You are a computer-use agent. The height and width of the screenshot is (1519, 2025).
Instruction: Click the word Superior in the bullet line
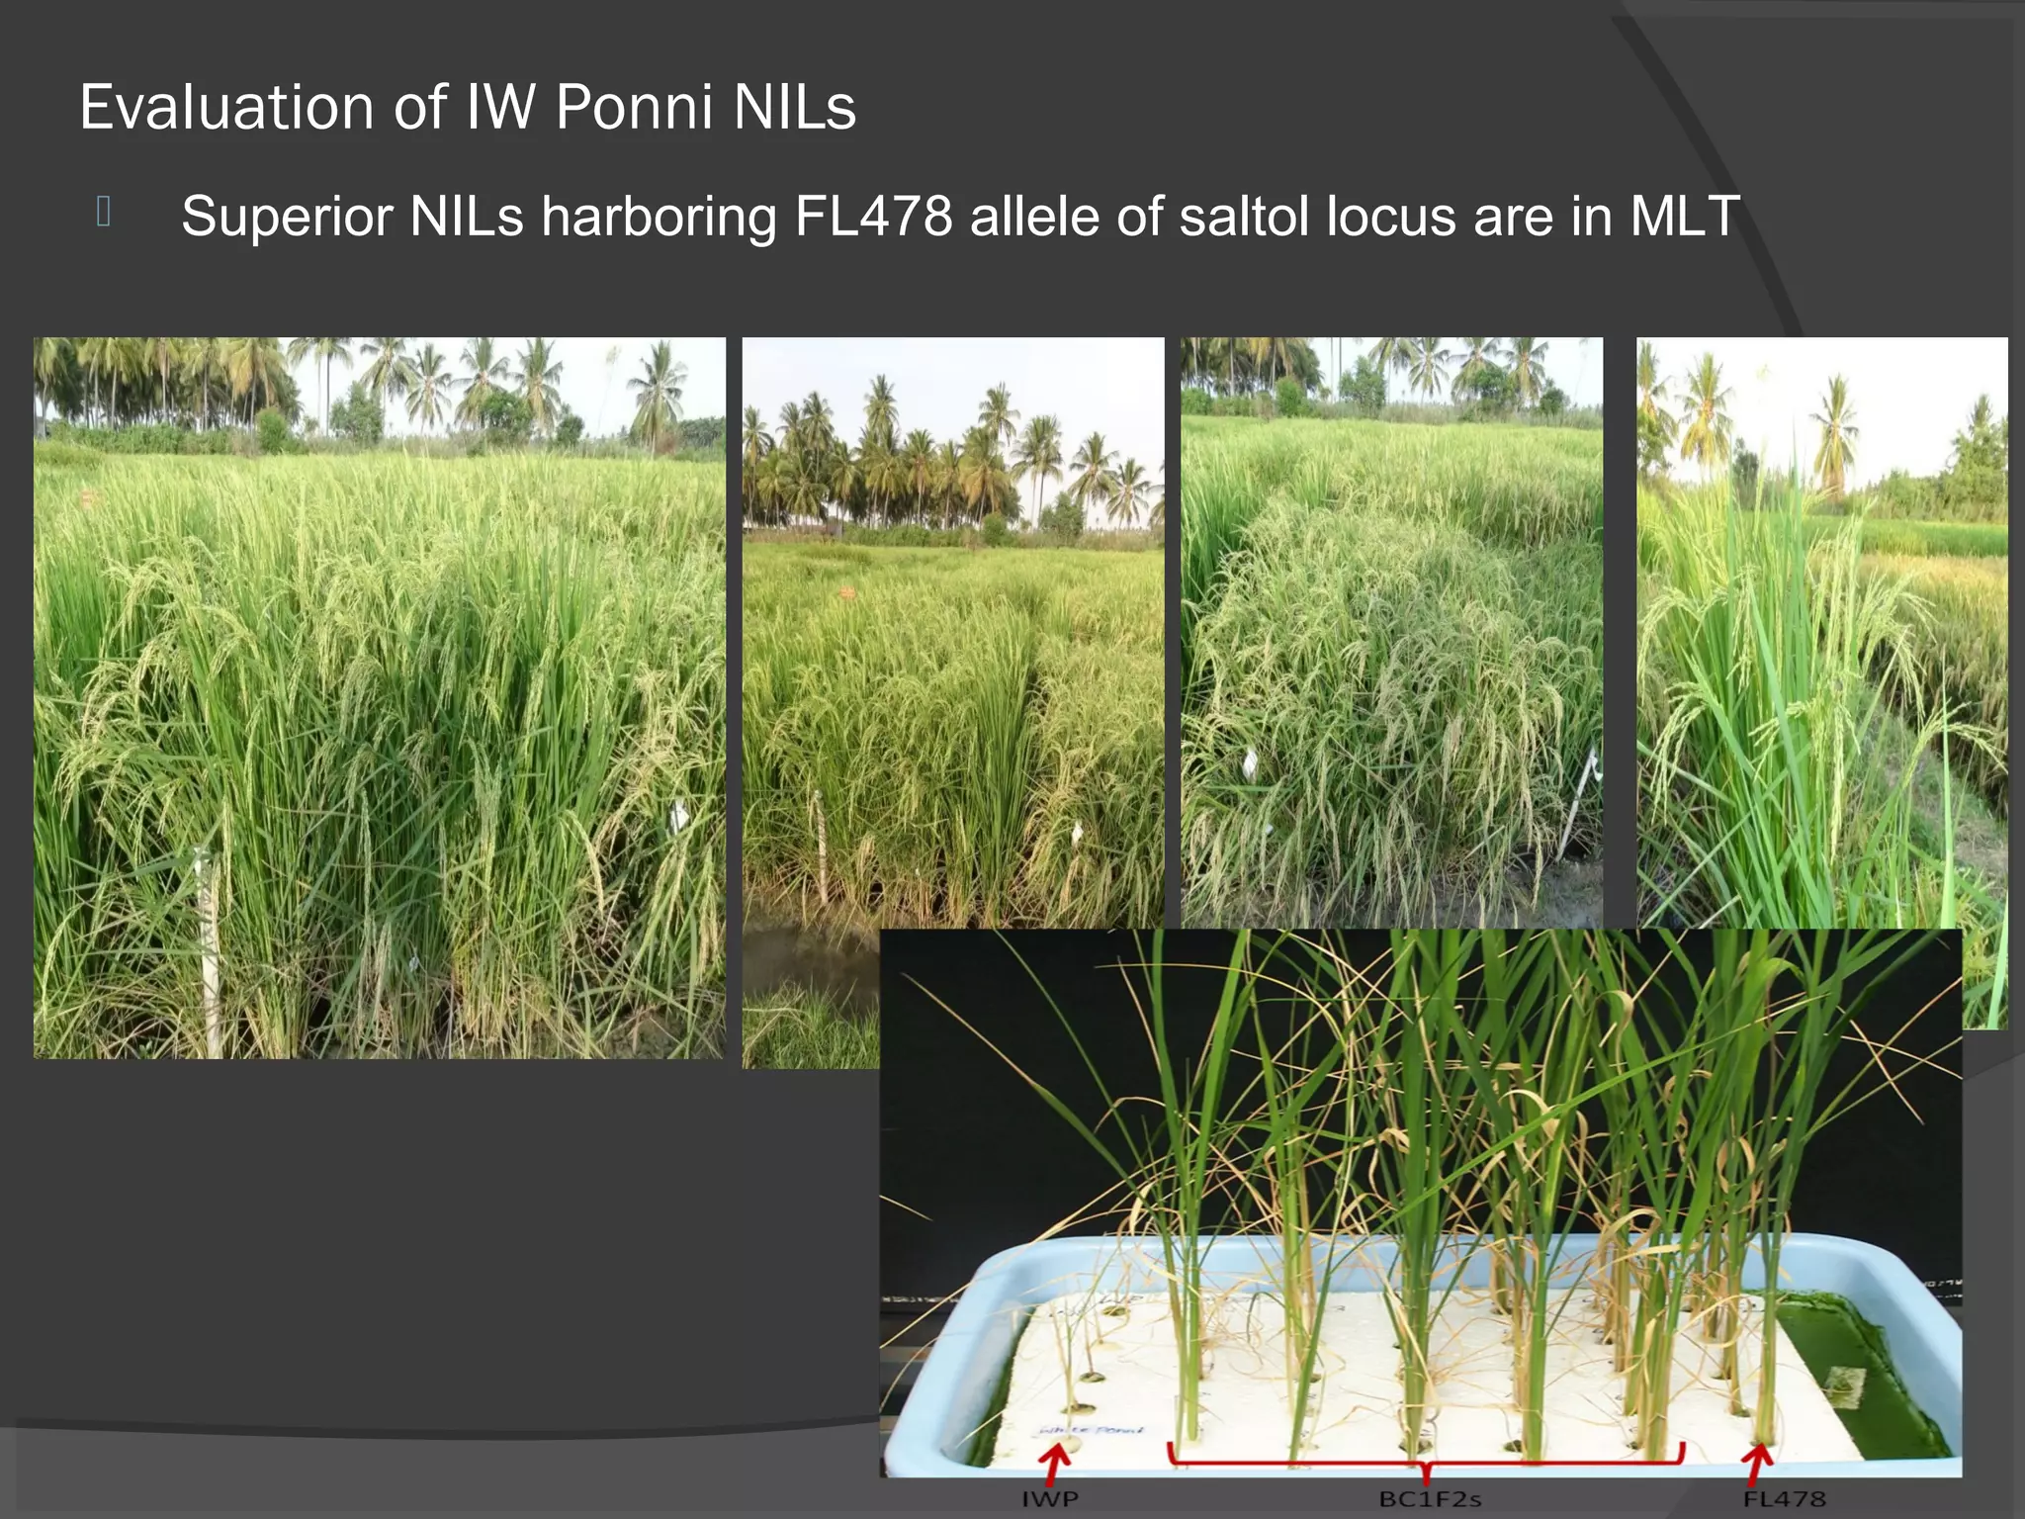pyautogui.click(x=287, y=216)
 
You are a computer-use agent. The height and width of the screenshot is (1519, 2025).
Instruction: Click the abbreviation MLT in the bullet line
pyautogui.click(x=1685, y=216)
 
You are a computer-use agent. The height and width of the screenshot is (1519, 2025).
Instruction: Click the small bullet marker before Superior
pyautogui.click(x=103, y=212)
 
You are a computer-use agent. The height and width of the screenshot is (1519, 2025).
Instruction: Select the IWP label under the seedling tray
pyautogui.click(x=1050, y=1499)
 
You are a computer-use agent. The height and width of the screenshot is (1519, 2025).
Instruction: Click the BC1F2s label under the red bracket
pyautogui.click(x=1430, y=1499)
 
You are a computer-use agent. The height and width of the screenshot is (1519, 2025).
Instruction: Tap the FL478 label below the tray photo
pyautogui.click(x=1784, y=1499)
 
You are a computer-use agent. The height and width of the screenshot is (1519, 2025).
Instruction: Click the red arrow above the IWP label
pyautogui.click(x=1057, y=1463)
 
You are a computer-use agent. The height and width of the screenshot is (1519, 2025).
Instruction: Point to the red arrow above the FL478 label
pyautogui.click(x=1757, y=1463)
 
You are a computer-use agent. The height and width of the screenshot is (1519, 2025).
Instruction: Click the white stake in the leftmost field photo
pyautogui.click(x=209, y=949)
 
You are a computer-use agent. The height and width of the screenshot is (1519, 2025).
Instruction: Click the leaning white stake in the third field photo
pyautogui.click(x=1576, y=801)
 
